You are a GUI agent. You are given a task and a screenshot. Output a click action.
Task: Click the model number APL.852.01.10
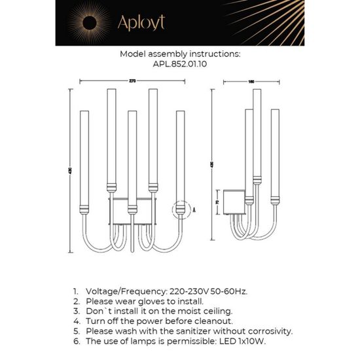coord(179,65)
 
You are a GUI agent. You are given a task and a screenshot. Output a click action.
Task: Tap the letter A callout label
coord(194,210)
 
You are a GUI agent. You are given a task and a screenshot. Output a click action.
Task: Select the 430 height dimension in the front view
coord(70,171)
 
